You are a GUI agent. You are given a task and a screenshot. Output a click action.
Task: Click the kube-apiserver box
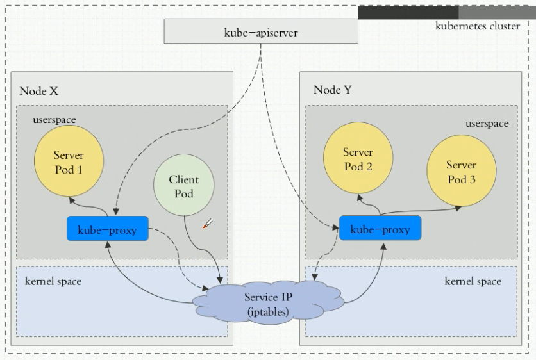(x=261, y=31)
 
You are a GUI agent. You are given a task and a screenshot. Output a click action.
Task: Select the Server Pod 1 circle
(x=69, y=161)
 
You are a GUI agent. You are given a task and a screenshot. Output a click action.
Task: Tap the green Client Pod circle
(x=183, y=186)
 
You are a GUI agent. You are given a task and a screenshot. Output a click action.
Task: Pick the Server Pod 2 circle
(x=358, y=158)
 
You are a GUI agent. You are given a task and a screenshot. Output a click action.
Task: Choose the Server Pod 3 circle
(x=461, y=172)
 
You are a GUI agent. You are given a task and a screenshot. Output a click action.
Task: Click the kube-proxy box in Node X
(x=107, y=229)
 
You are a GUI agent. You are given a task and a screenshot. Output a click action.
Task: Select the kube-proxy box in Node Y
(x=380, y=229)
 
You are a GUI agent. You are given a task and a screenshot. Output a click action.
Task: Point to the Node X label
(x=38, y=91)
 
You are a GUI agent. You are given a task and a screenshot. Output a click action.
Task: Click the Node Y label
(x=332, y=90)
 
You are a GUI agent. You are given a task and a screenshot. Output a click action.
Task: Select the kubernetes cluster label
(x=478, y=26)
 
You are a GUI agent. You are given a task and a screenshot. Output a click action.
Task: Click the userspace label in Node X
(x=54, y=120)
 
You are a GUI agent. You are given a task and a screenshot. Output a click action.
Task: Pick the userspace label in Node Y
(x=487, y=123)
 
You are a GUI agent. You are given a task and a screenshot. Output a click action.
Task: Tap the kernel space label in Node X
(x=53, y=281)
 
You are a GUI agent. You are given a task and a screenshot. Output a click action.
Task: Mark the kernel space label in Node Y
(x=473, y=281)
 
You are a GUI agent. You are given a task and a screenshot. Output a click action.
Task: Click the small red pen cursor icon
(x=207, y=224)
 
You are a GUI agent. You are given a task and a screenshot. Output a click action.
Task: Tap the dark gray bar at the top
(x=408, y=13)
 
